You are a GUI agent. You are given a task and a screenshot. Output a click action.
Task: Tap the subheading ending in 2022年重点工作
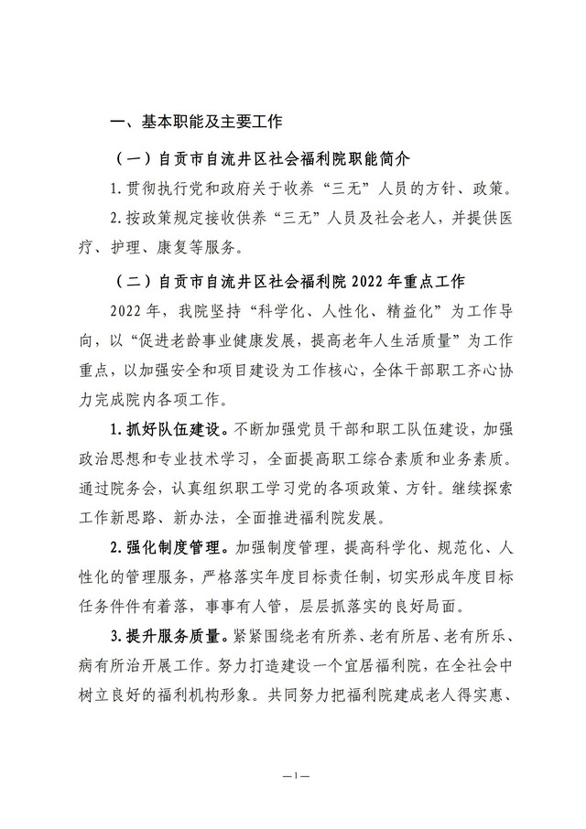pos(292,280)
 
